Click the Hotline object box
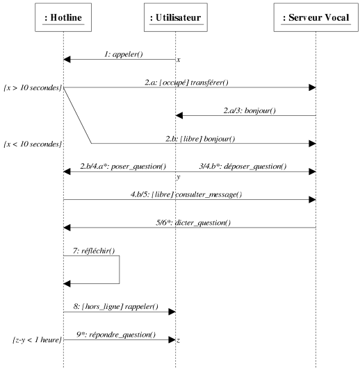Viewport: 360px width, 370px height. (63, 17)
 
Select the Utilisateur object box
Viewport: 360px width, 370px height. (176, 17)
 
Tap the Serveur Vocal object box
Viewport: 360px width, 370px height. (316, 17)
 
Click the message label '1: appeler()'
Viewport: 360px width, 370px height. (124, 55)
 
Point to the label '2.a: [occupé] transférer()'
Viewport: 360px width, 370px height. (187, 83)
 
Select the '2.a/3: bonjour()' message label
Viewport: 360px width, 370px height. (249, 110)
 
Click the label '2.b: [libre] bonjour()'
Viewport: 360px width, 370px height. (200, 139)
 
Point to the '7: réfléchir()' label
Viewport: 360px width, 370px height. (94, 251)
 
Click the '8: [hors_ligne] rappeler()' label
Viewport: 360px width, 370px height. (116, 307)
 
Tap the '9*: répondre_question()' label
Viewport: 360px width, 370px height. (116, 335)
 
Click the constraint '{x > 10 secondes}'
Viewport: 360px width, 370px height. (33, 87)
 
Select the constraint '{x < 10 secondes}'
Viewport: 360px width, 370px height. (33, 144)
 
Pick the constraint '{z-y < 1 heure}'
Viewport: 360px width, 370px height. (37, 340)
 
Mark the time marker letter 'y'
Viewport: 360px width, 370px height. (179, 177)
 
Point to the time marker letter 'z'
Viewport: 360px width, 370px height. (179, 340)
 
